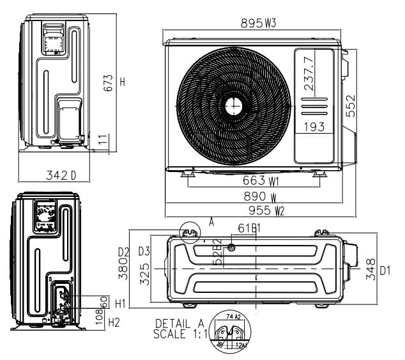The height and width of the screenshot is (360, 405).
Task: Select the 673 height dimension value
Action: point(109,82)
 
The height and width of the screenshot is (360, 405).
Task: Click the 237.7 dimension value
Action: point(309,74)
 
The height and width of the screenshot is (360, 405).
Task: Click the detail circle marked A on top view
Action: point(189,231)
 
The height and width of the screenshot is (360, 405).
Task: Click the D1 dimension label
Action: point(385,270)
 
